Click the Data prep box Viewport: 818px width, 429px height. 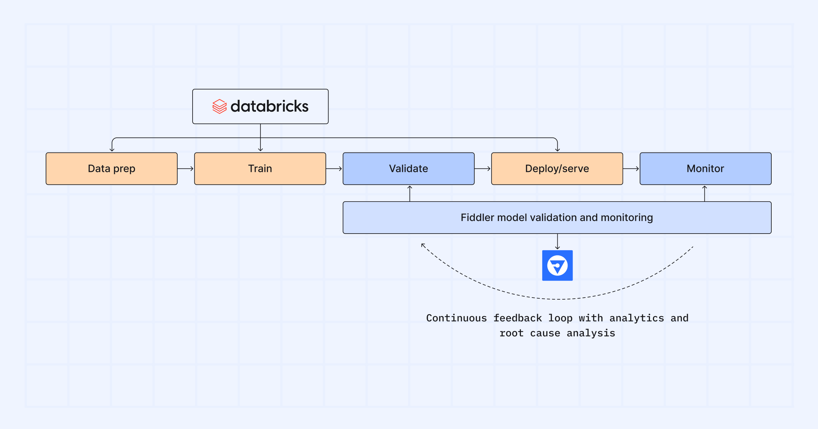[x=111, y=169]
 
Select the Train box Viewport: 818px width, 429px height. [x=260, y=169]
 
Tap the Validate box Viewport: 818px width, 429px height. [x=408, y=169]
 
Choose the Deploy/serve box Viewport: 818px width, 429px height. [x=557, y=169]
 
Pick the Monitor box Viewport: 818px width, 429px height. [x=705, y=169]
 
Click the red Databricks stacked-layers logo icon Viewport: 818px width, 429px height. [x=219, y=107]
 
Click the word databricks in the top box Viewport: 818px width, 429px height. [x=269, y=107]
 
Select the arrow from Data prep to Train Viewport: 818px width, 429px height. [x=186, y=169]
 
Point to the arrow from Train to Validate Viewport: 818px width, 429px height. [x=334, y=169]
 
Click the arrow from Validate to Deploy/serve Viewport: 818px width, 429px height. [x=483, y=169]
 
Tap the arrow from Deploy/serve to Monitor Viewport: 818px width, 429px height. [x=631, y=169]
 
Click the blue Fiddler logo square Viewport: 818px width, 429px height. [x=557, y=266]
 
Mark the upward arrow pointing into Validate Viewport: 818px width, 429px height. [x=410, y=193]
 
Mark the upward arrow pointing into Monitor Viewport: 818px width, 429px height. [x=705, y=193]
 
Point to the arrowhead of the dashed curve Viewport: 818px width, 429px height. [x=423, y=245]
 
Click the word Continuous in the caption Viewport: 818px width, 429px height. [x=456, y=318]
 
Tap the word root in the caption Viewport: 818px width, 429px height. [x=511, y=333]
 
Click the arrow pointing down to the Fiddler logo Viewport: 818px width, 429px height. [x=557, y=242]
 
